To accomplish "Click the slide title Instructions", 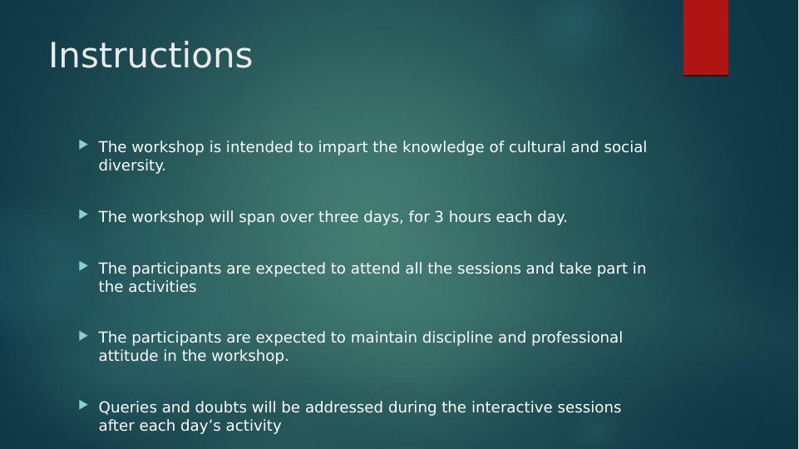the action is [150, 55].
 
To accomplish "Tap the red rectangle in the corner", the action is [706, 37].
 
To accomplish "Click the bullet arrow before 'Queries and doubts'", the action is [84, 405].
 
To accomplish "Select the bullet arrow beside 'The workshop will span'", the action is [84, 215].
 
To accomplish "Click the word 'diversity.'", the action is [132, 165].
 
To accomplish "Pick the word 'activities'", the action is [162, 287].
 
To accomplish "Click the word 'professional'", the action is [577, 338].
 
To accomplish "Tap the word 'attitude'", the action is [128, 356].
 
